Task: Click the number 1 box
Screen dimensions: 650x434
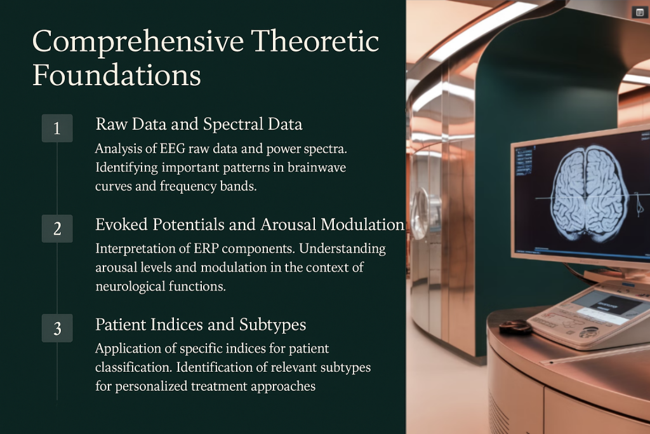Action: (x=57, y=128)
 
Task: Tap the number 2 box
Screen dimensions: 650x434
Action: (x=57, y=229)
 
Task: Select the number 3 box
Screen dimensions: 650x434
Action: (x=57, y=328)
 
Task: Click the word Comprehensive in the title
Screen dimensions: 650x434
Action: (x=138, y=42)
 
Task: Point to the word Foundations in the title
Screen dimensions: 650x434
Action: (x=117, y=75)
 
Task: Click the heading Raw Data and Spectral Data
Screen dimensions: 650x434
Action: (x=199, y=124)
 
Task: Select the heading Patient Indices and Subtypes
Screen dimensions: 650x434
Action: (x=201, y=325)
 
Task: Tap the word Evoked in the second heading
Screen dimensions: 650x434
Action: (x=121, y=224)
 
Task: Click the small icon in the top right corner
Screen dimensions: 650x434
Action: (x=640, y=13)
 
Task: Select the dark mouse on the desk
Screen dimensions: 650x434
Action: (x=515, y=327)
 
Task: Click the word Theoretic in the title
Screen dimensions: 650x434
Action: (x=315, y=41)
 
